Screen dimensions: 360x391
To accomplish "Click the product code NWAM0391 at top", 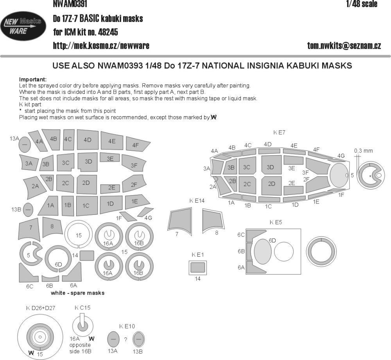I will (70, 4).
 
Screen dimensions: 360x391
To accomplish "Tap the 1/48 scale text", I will (362, 4).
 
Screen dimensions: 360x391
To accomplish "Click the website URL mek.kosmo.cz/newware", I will (101, 46).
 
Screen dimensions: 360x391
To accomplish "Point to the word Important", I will (33, 79).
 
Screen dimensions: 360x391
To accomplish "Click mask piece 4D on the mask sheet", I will (87, 140).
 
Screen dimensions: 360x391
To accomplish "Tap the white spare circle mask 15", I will (79, 235).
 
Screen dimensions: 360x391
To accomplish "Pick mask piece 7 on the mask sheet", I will (30, 229).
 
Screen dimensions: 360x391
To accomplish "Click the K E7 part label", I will (279, 133).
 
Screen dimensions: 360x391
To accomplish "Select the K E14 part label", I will (197, 201).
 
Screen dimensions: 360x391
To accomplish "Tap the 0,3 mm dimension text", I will (363, 151).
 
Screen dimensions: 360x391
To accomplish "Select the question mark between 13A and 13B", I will (126, 340).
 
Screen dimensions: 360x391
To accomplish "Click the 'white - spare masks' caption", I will (77, 293).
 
